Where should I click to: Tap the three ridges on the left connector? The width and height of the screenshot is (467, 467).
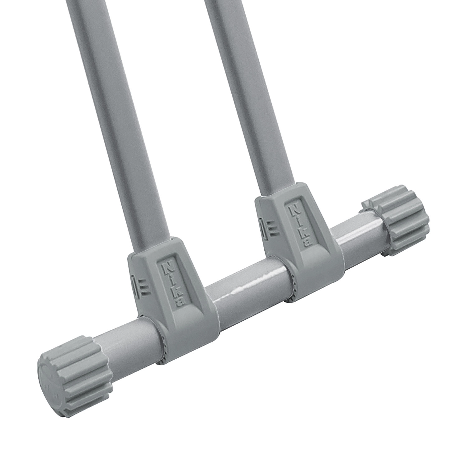[x=144, y=286]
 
